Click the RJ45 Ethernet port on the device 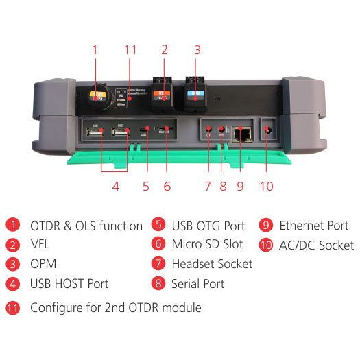(x=241, y=133)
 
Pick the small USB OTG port (x=145, y=130)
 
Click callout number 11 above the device (x=131, y=50)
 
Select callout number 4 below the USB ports (x=115, y=185)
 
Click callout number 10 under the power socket (x=267, y=185)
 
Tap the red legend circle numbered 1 (x=12, y=226)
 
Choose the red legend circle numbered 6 (x=158, y=245)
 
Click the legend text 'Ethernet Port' (x=313, y=226)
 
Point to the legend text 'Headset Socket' (x=212, y=264)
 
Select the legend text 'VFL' (x=40, y=245)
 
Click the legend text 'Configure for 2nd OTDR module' (x=115, y=307)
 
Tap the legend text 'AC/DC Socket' (x=316, y=245)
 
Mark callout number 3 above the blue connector (x=197, y=50)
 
